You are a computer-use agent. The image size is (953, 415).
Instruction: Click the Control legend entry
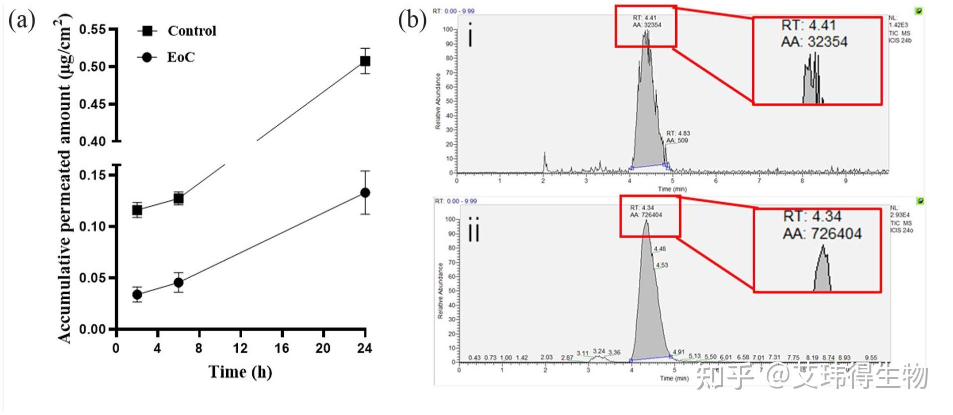[191, 31]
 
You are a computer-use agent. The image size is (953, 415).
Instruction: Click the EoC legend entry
[180, 57]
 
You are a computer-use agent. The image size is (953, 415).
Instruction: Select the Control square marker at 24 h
[365, 61]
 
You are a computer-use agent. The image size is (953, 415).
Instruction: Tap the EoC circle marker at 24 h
[365, 193]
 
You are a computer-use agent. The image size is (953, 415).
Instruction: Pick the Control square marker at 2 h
[137, 210]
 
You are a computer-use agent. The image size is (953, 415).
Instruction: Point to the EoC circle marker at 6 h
[179, 283]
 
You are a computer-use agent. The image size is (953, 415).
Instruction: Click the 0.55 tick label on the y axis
[93, 30]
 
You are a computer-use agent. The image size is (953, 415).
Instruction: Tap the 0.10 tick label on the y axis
[93, 227]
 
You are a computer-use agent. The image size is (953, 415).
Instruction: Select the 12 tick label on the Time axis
[240, 348]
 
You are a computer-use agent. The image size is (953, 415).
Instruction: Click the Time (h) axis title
[240, 372]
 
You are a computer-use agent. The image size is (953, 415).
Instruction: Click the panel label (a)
[22, 21]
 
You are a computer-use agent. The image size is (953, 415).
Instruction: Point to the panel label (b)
[412, 21]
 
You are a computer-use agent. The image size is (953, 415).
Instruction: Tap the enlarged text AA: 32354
[814, 42]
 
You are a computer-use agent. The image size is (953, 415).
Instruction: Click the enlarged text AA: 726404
[822, 234]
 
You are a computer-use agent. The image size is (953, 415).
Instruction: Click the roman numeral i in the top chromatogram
[470, 35]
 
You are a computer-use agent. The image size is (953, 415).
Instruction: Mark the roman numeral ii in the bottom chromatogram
[473, 230]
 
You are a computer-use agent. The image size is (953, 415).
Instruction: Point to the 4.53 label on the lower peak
[662, 265]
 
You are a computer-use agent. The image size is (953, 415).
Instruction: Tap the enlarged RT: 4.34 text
[812, 217]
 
